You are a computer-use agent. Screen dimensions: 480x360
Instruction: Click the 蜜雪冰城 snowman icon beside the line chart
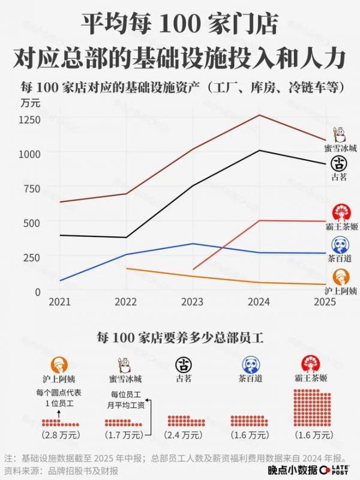[340, 134]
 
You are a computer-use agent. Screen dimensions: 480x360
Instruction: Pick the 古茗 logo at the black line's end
[340, 163]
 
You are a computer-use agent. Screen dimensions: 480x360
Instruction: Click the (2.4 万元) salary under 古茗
[185, 433]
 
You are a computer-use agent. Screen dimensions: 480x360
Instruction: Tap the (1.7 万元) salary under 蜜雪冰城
[124, 433]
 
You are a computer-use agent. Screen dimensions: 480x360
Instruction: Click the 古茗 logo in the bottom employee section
[184, 364]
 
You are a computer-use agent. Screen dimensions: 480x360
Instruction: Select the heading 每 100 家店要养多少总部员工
[180, 337]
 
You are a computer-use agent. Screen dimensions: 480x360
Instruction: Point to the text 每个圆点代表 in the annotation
[59, 393]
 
